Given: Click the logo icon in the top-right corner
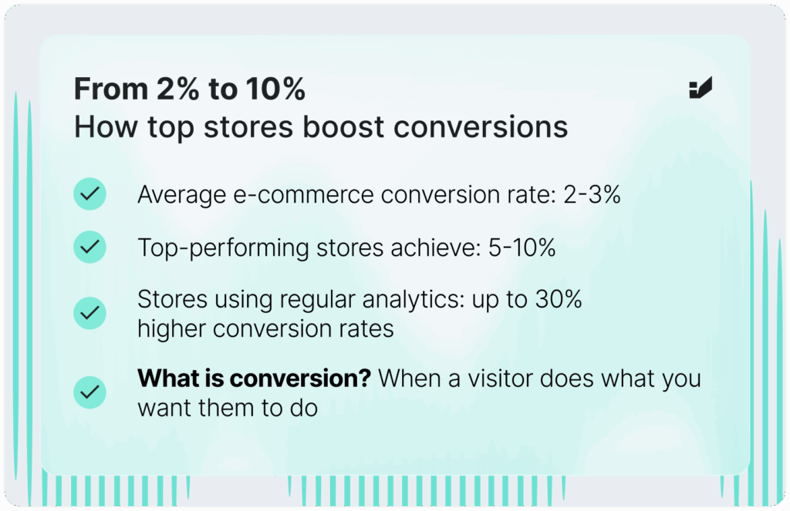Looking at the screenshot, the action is pyautogui.click(x=701, y=88).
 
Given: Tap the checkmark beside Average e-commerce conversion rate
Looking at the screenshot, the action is pyautogui.click(x=89, y=193).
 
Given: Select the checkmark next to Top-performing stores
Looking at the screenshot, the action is pyautogui.click(x=89, y=247).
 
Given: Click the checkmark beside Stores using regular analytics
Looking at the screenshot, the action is pyautogui.click(x=89, y=313).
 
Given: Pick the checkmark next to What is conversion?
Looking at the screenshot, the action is pyautogui.click(x=89, y=392).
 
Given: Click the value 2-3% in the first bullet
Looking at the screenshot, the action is pyautogui.click(x=592, y=194).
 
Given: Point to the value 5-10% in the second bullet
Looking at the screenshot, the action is pyautogui.click(x=522, y=247).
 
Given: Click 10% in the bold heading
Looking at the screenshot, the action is pyautogui.click(x=275, y=89).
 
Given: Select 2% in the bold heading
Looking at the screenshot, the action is pyautogui.click(x=178, y=89).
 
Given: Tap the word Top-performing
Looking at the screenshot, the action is pyautogui.click(x=223, y=248).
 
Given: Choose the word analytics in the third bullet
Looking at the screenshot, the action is pyautogui.click(x=414, y=300).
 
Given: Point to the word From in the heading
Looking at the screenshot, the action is pyautogui.click(x=111, y=89).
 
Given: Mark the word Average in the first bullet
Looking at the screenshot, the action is pyautogui.click(x=181, y=195).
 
